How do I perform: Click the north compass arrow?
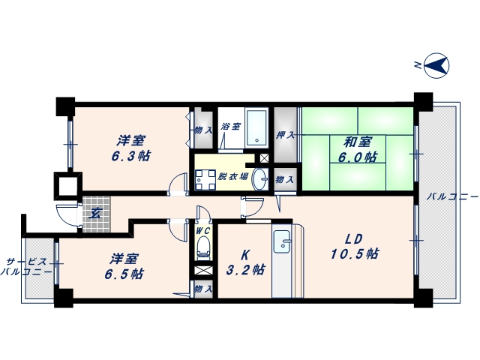click(435, 66)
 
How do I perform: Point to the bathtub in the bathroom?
click(256, 128)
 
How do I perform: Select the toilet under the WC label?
click(202, 247)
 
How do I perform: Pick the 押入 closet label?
click(286, 136)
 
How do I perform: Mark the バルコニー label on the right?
click(452, 196)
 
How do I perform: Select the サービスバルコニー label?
click(28, 267)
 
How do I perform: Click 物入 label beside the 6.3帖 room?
click(202, 129)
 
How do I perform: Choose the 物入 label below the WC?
click(202, 289)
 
